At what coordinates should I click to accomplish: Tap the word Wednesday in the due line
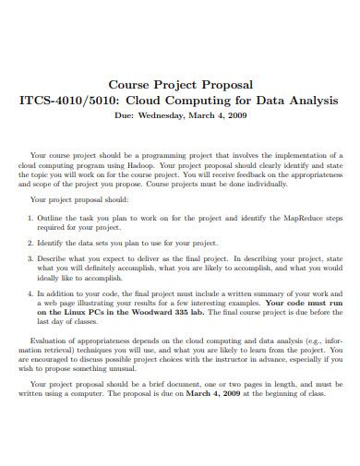tap(173, 115)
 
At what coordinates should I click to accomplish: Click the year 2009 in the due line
tap(237, 115)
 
